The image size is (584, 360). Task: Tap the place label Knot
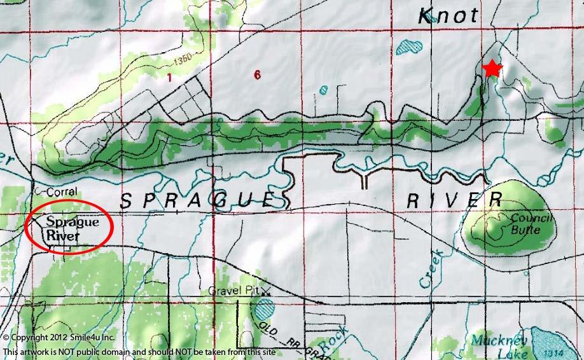tap(448, 17)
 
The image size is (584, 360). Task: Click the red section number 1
tap(169, 78)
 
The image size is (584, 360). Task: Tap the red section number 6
tap(256, 75)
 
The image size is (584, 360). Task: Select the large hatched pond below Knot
tap(408, 46)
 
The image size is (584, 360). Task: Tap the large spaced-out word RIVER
tap(454, 200)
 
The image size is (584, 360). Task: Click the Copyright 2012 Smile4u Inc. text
tap(59, 337)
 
